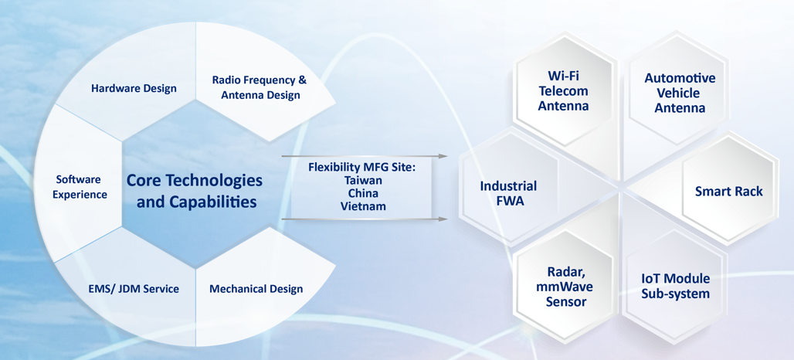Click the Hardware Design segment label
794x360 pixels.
[x=134, y=88]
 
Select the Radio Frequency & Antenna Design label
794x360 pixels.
[x=260, y=87]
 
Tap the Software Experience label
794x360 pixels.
[x=80, y=187]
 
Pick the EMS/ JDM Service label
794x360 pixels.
[x=134, y=289]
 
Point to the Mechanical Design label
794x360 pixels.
[x=256, y=289]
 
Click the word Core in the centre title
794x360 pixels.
[x=144, y=180]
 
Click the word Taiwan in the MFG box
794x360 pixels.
[x=362, y=180]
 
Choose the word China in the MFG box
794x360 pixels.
[x=362, y=193]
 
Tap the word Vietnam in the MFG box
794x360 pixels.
[x=362, y=206]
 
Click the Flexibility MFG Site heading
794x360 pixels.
[x=362, y=167]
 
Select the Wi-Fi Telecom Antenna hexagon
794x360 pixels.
[x=563, y=91]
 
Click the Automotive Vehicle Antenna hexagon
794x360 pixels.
[x=680, y=93]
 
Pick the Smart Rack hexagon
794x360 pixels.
[x=728, y=191]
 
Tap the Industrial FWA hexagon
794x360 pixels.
[x=508, y=193]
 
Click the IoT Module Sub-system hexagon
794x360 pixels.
[x=675, y=286]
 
